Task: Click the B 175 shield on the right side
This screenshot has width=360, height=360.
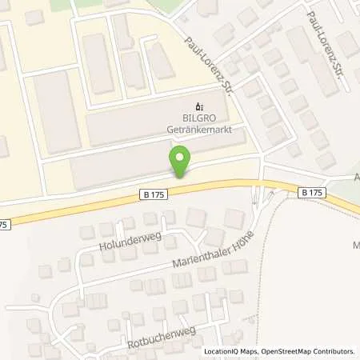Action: (313, 193)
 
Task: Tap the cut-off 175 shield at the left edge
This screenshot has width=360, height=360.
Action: (4, 226)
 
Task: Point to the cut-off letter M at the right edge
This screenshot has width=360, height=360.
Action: (356, 244)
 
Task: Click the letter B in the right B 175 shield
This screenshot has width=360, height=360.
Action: (306, 193)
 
